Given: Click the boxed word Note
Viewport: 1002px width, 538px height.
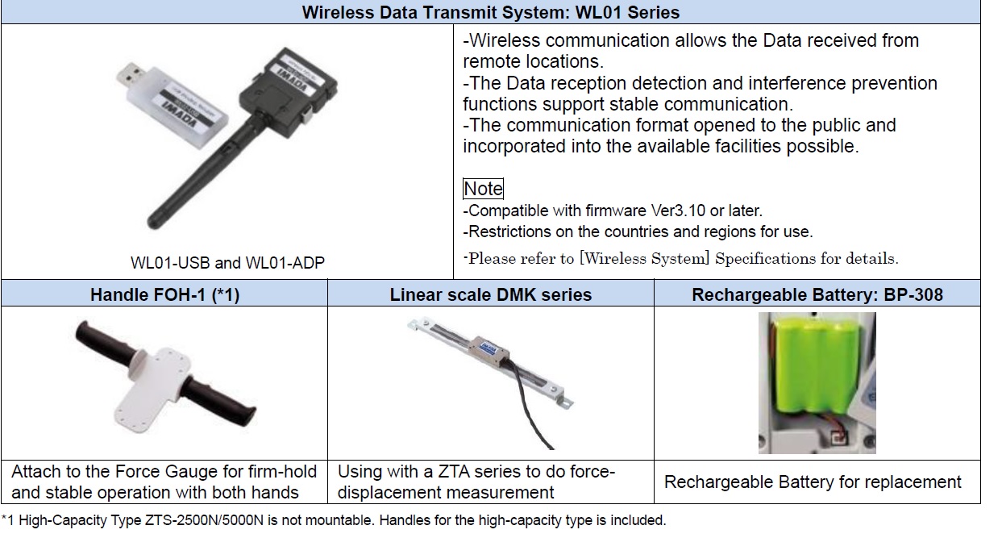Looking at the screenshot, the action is pos(483,189).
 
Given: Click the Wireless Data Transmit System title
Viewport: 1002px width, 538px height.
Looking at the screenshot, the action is pos(491,12).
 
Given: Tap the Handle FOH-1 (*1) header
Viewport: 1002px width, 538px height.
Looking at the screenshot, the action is pos(164,294).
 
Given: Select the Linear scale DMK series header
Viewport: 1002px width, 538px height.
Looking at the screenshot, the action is pos(491,294).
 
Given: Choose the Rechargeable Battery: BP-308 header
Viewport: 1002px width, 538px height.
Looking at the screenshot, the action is pos(817,294).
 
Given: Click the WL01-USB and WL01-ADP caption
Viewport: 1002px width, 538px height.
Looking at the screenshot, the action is pos(227,262).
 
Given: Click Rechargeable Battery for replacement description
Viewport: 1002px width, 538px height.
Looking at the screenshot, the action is pos(813,482).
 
